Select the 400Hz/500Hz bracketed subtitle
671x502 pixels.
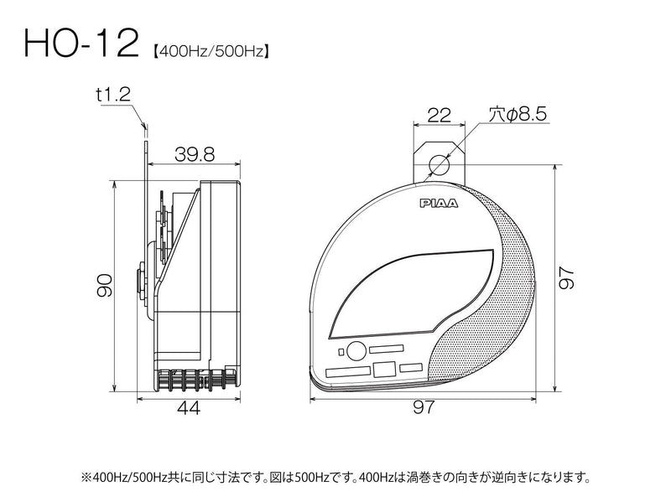[211, 52]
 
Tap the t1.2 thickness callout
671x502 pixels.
[113, 95]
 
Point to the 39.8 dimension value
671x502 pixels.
[195, 154]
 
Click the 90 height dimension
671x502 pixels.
[104, 286]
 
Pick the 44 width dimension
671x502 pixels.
[188, 408]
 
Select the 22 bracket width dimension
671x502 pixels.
[439, 115]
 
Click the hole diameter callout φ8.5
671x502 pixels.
[518, 114]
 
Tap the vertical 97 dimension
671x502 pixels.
[566, 278]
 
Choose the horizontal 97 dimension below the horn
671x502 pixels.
[424, 407]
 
